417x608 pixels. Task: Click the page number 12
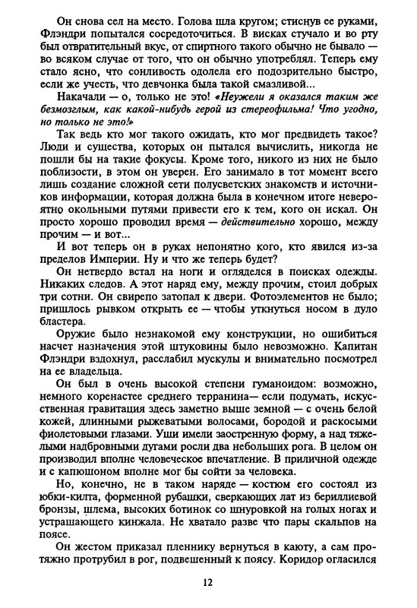coord(208,583)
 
